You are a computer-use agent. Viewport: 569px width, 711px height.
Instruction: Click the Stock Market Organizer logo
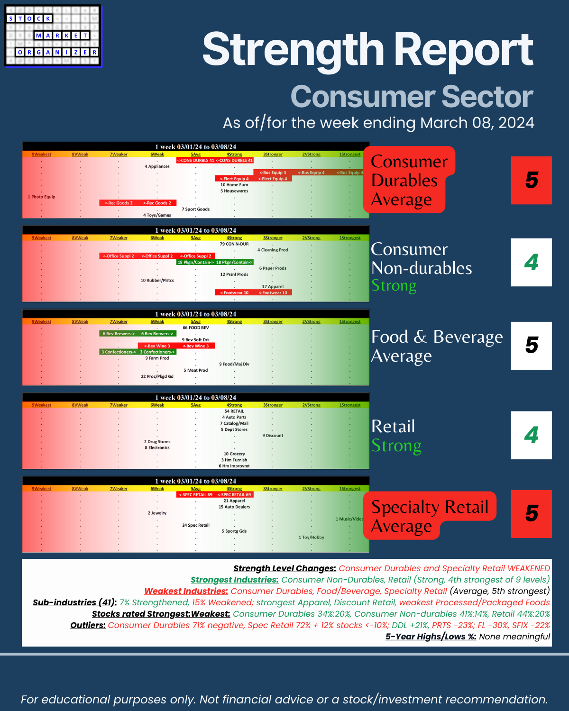pos(53,36)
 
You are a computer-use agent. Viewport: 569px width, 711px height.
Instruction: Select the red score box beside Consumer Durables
pos(531,180)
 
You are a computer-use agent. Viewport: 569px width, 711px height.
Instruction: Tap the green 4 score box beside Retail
pos(531,435)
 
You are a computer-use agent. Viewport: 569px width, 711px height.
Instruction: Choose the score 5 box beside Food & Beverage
pos(531,346)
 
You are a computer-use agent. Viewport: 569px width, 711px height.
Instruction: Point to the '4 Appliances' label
pos(157,166)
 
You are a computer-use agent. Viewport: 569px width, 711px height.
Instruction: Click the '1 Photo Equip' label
pos(41,197)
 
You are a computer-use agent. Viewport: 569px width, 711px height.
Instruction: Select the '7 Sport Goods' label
pos(195,209)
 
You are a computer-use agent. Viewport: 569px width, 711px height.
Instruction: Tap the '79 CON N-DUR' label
pos(234,244)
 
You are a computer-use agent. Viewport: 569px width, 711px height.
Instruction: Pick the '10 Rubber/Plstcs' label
pos(157,281)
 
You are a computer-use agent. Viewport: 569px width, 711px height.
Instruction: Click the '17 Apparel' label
pos(273,286)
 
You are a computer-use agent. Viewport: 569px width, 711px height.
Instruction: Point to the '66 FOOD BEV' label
pos(195,328)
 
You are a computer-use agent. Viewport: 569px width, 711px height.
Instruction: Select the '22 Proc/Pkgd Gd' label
pos(157,376)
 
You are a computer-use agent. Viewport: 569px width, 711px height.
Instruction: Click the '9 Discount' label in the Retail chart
pos(273,436)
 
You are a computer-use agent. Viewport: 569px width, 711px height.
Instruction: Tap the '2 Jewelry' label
pos(157,513)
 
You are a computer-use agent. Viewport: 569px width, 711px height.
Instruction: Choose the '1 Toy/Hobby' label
pos(311,538)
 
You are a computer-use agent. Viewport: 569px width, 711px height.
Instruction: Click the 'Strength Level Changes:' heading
pos(284,568)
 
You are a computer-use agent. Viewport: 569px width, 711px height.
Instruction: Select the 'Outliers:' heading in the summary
pos(88,625)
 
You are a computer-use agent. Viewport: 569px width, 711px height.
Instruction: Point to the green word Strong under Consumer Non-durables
pos(394,285)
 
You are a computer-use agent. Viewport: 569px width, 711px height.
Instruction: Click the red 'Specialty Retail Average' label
pos(429,516)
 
